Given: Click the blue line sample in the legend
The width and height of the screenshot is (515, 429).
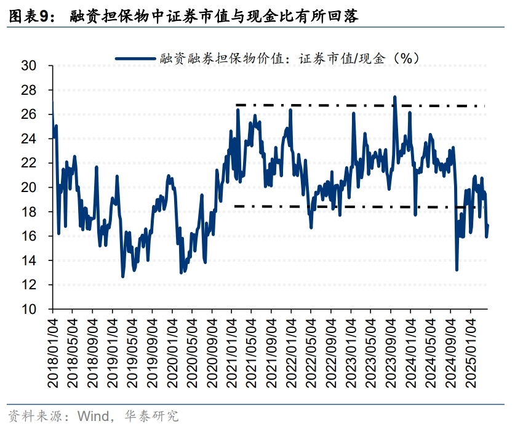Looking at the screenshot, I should coord(135,58).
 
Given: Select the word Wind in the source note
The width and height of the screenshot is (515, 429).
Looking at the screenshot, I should coord(91,416).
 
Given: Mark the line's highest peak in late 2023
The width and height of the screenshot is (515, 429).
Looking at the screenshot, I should coord(394,97).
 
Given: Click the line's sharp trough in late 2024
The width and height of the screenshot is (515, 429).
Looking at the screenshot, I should coord(457,269).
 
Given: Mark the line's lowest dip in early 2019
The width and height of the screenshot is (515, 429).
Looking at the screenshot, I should coord(122,276).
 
